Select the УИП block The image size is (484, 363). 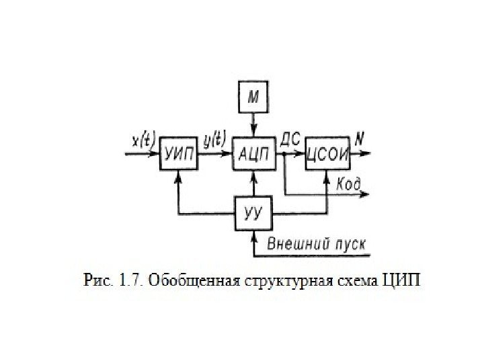(x=178, y=154)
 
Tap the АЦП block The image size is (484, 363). (x=253, y=154)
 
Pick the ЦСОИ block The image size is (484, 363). (x=327, y=154)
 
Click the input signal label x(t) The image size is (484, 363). (x=144, y=141)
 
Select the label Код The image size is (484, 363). (x=348, y=184)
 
